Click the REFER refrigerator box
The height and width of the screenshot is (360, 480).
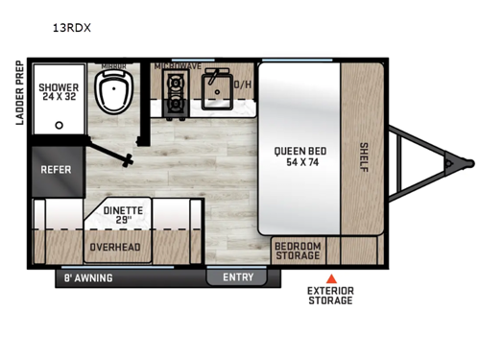[55, 170]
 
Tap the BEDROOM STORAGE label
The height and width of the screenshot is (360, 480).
[298, 250]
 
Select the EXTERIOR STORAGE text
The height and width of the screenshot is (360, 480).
[329, 295]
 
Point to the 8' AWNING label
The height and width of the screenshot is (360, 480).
[88, 278]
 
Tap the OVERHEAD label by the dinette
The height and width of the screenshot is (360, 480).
[115, 246]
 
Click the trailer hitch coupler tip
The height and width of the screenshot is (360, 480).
[468, 162]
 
